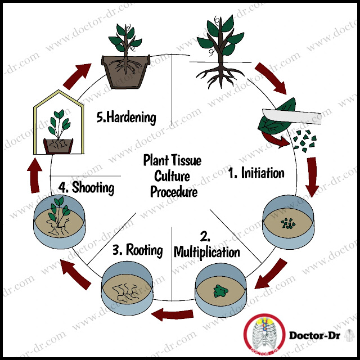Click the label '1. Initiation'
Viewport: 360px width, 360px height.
pyautogui.click(x=256, y=173)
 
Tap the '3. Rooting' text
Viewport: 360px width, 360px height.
pyautogui.click(x=137, y=249)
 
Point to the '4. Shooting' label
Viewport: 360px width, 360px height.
pyautogui.click(x=87, y=186)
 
